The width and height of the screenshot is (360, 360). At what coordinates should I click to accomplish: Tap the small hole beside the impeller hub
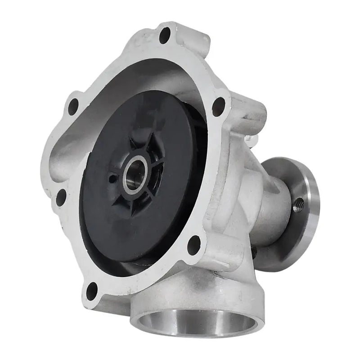click(x=111, y=179)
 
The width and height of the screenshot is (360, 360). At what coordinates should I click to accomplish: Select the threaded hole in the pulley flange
click(x=298, y=205)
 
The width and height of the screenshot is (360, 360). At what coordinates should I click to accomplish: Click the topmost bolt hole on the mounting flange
click(x=165, y=35)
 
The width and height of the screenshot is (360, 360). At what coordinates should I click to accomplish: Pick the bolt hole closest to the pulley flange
click(x=219, y=106)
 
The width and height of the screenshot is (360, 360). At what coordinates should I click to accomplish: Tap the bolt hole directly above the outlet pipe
click(x=194, y=244)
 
